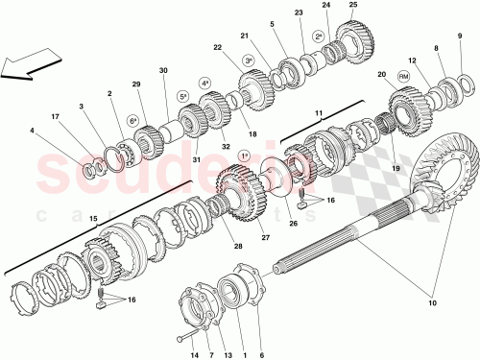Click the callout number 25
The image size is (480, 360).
(352, 7)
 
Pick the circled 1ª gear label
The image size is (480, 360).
(244, 156)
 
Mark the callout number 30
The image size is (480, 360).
(163, 70)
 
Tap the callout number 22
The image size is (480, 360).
(218, 48)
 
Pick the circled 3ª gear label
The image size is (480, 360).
(248, 60)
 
